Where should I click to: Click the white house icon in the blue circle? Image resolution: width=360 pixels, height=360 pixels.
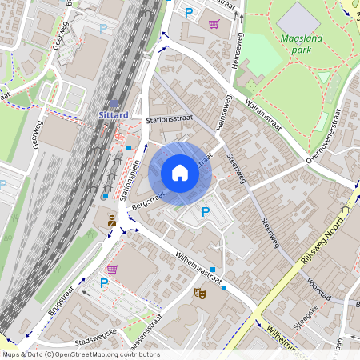(x=180, y=173)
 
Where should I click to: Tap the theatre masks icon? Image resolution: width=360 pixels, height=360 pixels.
(x=200, y=294)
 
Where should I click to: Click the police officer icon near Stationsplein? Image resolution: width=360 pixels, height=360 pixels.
(x=111, y=219)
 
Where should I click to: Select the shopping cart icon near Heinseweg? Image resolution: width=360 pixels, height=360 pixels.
(x=214, y=24)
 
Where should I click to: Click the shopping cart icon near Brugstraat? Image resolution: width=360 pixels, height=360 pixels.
(x=112, y=270)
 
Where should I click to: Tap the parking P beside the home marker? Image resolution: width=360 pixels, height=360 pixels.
(x=206, y=212)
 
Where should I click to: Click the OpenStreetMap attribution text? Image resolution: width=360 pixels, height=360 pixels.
(x=81, y=354)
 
